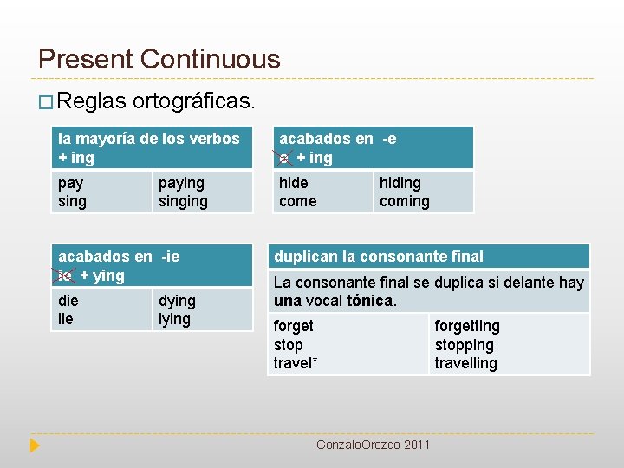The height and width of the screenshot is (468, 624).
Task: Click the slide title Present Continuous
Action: click(x=159, y=59)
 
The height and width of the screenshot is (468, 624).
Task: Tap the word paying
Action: click(x=181, y=183)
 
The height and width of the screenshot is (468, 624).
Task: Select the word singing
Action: click(x=183, y=201)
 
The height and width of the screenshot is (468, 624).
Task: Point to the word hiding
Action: click(x=400, y=183)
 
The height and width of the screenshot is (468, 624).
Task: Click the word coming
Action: click(x=404, y=201)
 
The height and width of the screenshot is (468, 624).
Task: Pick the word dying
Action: click(x=177, y=301)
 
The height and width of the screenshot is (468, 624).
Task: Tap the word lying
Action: click(x=174, y=319)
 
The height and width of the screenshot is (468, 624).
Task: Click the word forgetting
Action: click(x=467, y=326)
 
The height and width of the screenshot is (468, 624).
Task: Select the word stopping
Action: click(x=464, y=345)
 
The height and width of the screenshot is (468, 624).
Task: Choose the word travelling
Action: click(x=466, y=363)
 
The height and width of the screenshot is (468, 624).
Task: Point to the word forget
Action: click(x=294, y=326)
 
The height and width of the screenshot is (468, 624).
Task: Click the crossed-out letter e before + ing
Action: click(x=284, y=158)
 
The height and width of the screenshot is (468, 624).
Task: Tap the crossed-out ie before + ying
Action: click(x=65, y=276)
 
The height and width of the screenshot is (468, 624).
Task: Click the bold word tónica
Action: click(x=369, y=301)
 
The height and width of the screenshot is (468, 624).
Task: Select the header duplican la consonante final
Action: click(x=379, y=257)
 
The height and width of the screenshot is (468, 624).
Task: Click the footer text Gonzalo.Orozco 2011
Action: click(x=373, y=445)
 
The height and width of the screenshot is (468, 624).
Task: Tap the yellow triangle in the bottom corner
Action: click(x=35, y=445)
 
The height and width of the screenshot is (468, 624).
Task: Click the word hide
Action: click(x=293, y=183)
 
